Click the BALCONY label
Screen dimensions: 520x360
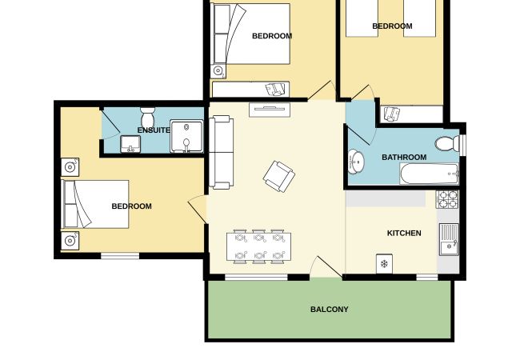[330, 310]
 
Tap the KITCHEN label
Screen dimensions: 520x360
[404, 233]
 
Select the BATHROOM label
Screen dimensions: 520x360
[404, 157]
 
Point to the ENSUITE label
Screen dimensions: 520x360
[154, 130]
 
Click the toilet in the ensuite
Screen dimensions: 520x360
[147, 118]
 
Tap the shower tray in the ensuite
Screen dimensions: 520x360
[186, 136]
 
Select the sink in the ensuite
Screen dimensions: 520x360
[130, 144]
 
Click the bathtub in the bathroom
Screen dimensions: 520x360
[429, 174]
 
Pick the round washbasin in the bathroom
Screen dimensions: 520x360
[356, 162]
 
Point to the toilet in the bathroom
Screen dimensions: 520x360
[447, 144]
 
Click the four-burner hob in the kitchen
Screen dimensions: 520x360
[447, 199]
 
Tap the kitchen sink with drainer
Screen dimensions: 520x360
[450, 239]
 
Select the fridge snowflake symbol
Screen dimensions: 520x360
[384, 264]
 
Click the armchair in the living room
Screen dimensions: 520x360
[279, 176]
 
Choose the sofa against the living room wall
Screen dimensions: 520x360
[221, 152]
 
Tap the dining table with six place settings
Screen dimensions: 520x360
[258, 247]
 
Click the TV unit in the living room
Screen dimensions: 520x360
[270, 110]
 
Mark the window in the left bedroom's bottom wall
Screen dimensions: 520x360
[120, 256]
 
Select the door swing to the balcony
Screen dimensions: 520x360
[326, 266]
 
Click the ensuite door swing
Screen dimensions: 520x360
[110, 124]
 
